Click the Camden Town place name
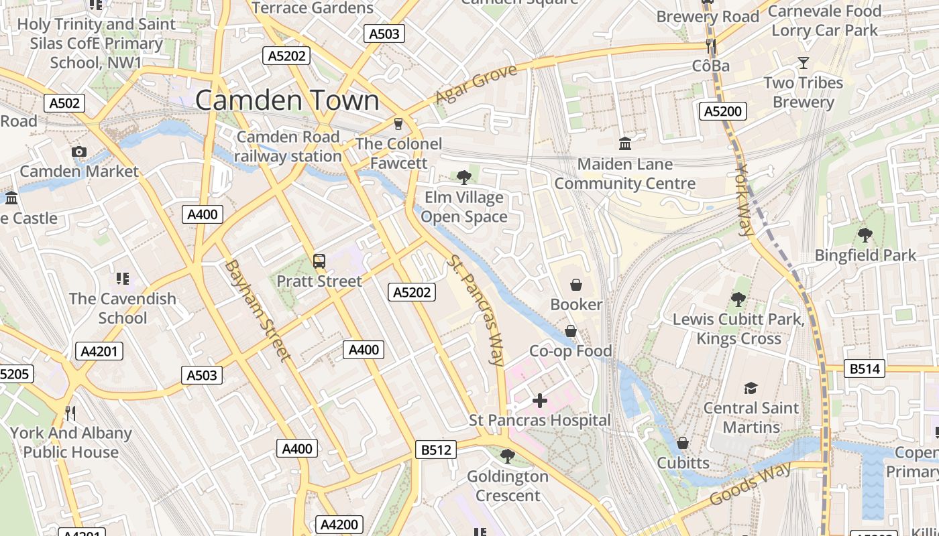click(287, 100)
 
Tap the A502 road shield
click(65, 103)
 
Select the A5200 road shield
click(723, 111)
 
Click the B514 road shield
click(865, 368)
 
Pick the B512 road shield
click(436, 450)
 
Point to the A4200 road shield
click(339, 525)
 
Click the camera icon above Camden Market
click(79, 152)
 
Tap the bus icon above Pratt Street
click(319, 261)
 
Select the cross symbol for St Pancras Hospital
click(540, 401)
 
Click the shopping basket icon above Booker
click(575, 285)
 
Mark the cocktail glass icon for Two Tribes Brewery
click(803, 63)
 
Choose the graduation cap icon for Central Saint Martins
click(751, 388)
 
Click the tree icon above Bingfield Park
click(865, 235)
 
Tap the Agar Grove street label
click(476, 84)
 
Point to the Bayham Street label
click(257, 310)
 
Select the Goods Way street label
click(751, 483)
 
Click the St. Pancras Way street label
click(476, 310)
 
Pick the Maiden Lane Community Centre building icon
click(625, 143)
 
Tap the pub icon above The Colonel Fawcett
click(398, 124)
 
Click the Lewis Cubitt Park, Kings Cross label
click(738, 329)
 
